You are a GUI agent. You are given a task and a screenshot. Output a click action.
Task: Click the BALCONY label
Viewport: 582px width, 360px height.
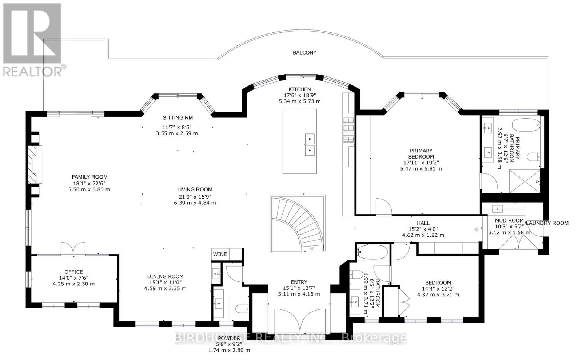point(304,52)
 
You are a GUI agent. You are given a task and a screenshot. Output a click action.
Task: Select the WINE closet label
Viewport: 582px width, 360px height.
point(220,254)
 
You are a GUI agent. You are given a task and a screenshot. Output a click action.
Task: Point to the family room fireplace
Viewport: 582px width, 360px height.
point(36,164)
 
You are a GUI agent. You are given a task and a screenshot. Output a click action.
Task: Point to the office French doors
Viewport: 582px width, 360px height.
point(73,249)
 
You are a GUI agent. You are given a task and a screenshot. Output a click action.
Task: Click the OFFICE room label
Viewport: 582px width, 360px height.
point(73,272)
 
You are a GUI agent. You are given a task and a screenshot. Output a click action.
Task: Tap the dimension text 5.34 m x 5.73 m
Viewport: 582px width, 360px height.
point(299,101)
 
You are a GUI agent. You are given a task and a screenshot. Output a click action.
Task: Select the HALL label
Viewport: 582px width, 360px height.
point(423,223)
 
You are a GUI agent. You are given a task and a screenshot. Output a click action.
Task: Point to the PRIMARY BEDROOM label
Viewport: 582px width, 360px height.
point(421,153)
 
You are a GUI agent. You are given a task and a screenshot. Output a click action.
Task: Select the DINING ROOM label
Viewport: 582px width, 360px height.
point(165,276)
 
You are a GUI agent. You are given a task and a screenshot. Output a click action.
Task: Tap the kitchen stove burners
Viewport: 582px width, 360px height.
point(348,130)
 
